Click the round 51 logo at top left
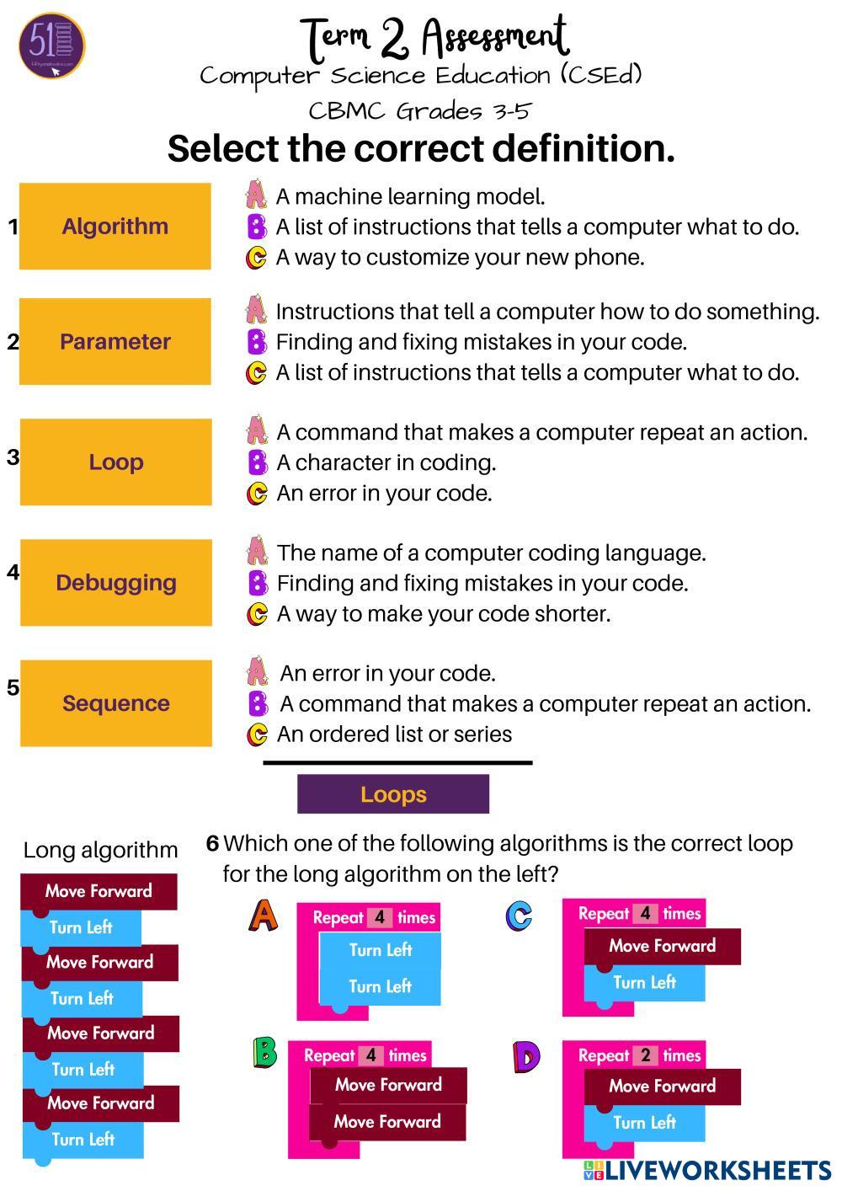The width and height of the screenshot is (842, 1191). (51, 45)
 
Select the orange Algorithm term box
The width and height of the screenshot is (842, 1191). (115, 226)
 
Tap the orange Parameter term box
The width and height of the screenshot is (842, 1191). (115, 341)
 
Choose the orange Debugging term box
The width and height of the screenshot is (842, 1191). (115, 582)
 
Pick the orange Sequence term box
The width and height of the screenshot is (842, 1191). (115, 702)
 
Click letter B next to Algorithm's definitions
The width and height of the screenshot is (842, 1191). (256, 227)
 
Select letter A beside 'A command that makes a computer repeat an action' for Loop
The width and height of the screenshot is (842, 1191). (257, 431)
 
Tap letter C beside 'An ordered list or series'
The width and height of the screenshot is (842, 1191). (257, 734)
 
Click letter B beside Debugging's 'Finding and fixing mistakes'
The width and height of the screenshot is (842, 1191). (257, 582)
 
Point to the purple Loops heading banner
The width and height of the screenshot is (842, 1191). (393, 794)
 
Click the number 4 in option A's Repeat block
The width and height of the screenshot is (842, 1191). (380, 917)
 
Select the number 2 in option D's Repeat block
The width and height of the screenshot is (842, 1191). (646, 1055)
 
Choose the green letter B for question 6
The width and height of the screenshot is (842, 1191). (265, 1053)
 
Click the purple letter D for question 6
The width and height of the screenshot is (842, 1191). (525, 1056)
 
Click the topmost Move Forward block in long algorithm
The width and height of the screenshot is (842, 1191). (99, 891)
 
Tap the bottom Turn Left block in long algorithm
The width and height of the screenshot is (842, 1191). (83, 1140)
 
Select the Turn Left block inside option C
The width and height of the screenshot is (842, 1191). (644, 982)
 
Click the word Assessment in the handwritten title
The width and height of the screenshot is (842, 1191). (495, 37)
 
